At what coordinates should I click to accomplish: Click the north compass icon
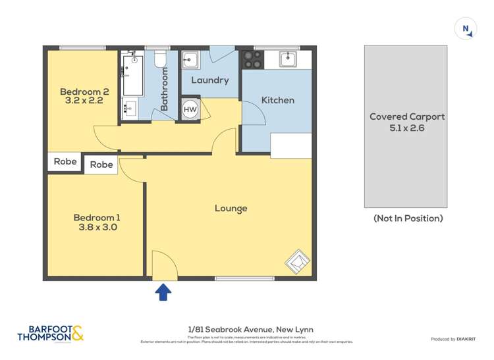click(466, 29)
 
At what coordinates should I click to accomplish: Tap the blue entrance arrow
click(163, 292)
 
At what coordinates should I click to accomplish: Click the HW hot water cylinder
click(190, 109)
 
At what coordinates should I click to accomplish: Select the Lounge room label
click(231, 209)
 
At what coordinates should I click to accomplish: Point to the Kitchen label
click(278, 100)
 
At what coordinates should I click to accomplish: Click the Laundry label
click(209, 80)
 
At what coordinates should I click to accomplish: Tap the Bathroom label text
click(165, 88)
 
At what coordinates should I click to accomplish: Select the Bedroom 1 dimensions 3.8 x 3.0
click(97, 228)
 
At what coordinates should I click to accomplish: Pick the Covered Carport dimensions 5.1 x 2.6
click(407, 128)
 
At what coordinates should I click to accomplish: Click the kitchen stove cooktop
click(251, 59)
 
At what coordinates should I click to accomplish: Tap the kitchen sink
click(288, 59)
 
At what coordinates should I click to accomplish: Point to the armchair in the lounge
click(297, 262)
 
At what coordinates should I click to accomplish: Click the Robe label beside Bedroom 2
click(65, 161)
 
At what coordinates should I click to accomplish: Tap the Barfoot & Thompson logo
click(51, 333)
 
